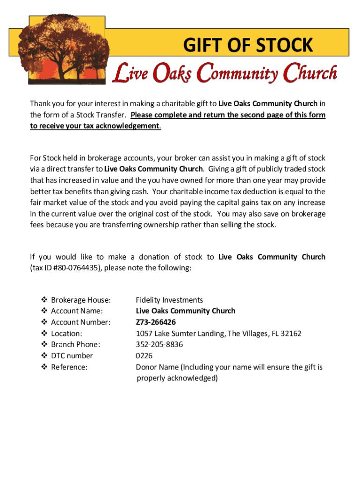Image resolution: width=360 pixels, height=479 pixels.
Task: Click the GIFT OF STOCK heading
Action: [248, 46]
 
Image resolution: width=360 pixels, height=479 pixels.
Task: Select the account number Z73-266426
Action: [156, 322]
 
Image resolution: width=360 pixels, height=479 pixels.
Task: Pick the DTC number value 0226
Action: [144, 356]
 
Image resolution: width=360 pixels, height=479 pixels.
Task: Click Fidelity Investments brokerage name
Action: [169, 300]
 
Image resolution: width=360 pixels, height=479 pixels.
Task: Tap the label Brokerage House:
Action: [81, 300]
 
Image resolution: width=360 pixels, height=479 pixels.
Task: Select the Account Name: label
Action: [77, 311]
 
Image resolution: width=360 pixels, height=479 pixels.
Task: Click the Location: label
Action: [66, 334]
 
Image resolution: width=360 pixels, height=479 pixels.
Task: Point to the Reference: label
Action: [69, 367]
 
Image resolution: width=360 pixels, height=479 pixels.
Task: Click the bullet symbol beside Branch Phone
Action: [44, 345]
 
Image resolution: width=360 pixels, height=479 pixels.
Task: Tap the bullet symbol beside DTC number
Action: [44, 356]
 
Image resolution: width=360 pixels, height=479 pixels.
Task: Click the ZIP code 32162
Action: [291, 334]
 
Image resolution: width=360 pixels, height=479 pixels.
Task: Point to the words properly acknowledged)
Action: [177, 378]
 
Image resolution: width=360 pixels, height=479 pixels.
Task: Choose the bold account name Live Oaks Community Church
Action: [186, 311]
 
